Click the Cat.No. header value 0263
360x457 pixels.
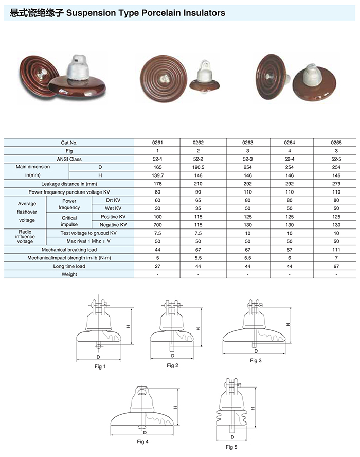point(247,143)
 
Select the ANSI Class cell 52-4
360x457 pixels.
point(290,159)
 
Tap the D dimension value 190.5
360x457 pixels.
point(198,167)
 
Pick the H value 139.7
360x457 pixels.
point(157,175)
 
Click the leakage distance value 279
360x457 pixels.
point(336,184)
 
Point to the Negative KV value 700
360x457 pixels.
point(157,225)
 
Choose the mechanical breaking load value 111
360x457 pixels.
point(336,250)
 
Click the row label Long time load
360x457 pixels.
point(69,266)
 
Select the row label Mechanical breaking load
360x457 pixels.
point(69,250)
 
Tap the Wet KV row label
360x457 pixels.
point(113,208)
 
